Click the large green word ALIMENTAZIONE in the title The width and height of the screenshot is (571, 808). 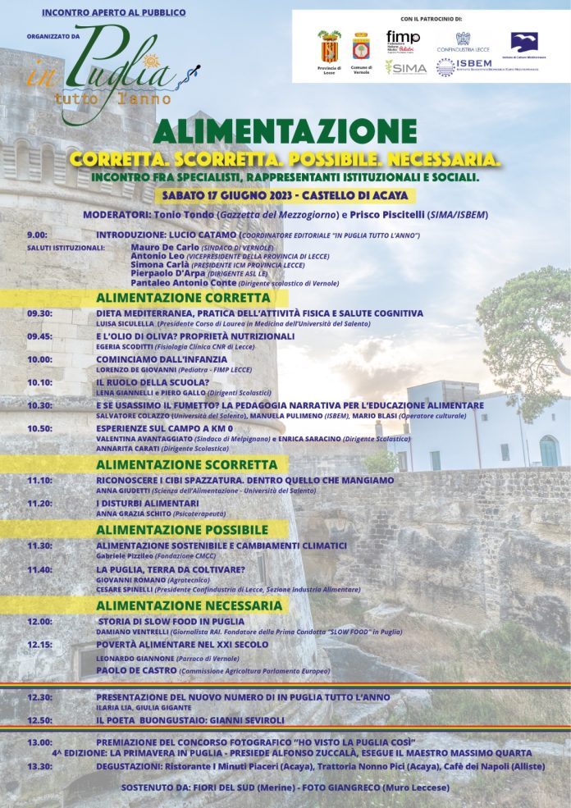click(285, 132)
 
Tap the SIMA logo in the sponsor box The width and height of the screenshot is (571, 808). click(406, 67)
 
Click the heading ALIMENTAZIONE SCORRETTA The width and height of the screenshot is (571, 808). click(186, 464)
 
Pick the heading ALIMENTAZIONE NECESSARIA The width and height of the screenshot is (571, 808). click(190, 605)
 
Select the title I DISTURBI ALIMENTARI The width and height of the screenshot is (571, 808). click(148, 503)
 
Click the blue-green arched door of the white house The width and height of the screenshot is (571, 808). click(548, 450)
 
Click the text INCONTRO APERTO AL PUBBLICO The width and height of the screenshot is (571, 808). click(113, 13)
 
